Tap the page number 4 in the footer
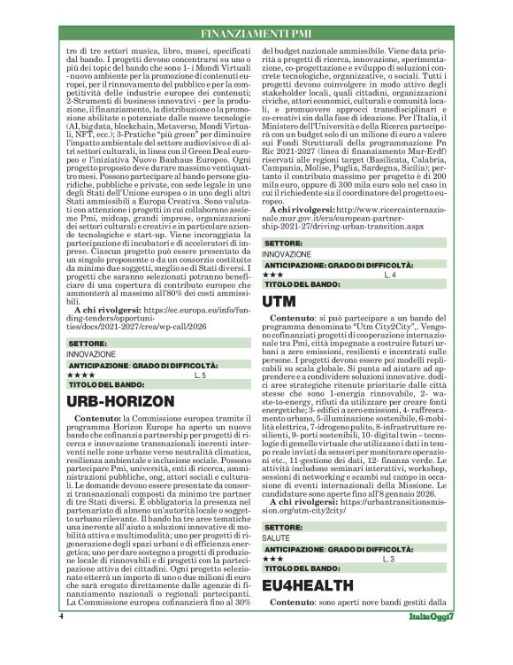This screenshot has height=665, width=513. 61,639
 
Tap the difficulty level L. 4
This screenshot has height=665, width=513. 391,276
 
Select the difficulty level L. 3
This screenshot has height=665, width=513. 391,585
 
